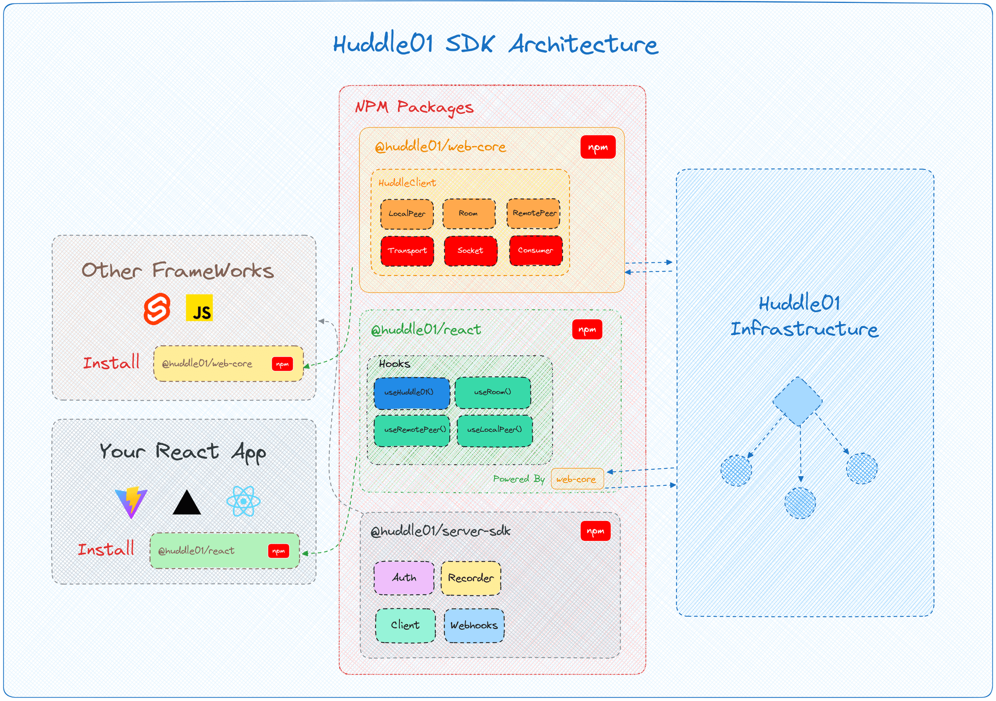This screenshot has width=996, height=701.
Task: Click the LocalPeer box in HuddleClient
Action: (x=407, y=214)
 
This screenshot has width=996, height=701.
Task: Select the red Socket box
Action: (x=470, y=251)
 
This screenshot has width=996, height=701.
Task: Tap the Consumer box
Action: (x=535, y=251)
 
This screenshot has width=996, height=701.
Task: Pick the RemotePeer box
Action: (x=534, y=213)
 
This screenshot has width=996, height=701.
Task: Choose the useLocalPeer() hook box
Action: (x=495, y=430)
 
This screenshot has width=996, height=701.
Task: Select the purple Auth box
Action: (x=404, y=578)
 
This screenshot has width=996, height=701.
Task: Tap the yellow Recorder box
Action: (x=470, y=578)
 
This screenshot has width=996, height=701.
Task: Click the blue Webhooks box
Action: (x=474, y=626)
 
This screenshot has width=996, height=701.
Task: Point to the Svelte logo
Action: (x=157, y=309)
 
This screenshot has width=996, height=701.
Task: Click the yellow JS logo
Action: (x=199, y=308)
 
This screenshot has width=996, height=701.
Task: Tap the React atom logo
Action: (x=243, y=501)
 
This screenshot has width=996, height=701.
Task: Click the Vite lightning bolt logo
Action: (x=131, y=502)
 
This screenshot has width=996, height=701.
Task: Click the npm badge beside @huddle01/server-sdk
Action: (x=595, y=532)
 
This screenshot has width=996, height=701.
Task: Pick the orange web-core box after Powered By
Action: (x=577, y=479)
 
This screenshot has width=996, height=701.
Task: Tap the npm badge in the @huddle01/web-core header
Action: (x=598, y=148)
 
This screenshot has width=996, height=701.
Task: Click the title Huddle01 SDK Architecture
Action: (x=496, y=45)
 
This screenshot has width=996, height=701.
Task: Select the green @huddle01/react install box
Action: (x=224, y=551)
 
